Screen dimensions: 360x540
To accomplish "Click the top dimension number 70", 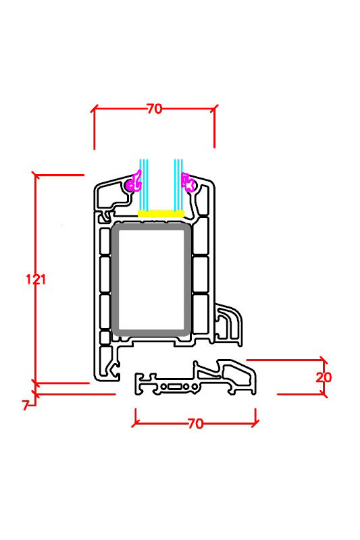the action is [155, 109].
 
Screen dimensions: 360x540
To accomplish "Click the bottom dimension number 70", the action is [196, 424].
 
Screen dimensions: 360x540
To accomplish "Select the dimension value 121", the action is [36, 279].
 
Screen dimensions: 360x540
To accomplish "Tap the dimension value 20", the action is [324, 377].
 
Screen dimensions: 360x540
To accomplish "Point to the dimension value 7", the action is [25, 405].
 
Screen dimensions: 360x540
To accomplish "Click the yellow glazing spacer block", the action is [161, 213].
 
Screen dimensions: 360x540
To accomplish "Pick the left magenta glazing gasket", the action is [134, 182].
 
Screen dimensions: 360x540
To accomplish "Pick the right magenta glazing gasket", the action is [188, 182].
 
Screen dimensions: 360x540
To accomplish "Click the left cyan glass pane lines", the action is [144, 184].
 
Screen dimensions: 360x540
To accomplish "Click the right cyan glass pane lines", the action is [178, 184].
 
